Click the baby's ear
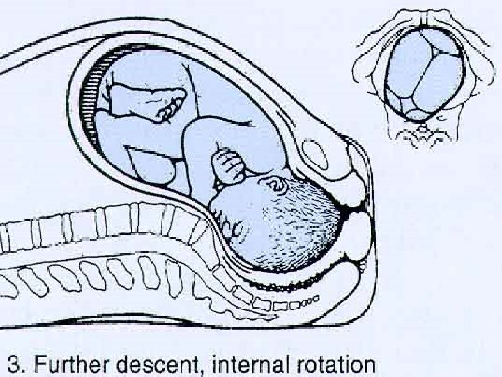(x=277, y=185)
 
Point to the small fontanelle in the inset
(x=416, y=114)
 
